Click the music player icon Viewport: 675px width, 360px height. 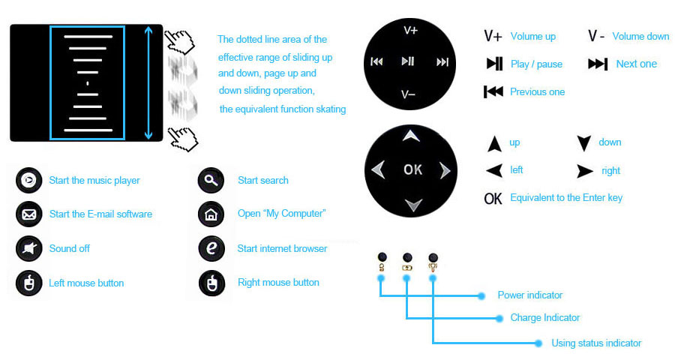click(x=28, y=180)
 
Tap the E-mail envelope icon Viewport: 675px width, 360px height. click(x=28, y=214)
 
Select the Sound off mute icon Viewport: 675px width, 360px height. click(x=28, y=248)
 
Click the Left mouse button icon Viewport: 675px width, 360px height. click(x=28, y=283)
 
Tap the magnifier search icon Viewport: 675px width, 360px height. click(x=211, y=180)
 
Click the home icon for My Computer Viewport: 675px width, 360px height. click(x=211, y=214)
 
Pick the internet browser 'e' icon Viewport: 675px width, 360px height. click(x=211, y=248)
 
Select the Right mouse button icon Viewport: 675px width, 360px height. click(x=211, y=283)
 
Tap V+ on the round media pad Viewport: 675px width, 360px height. click(x=410, y=30)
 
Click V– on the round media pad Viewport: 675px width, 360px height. click(x=409, y=94)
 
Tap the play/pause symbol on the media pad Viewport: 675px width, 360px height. click(x=408, y=61)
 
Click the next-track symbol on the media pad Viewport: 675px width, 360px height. click(x=442, y=62)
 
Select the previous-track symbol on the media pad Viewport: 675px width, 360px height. click(x=376, y=62)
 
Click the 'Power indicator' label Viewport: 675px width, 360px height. click(x=529, y=295)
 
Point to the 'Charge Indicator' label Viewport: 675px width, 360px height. click(x=544, y=318)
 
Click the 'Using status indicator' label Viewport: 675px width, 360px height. click(x=596, y=343)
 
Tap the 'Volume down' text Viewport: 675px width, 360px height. click(x=640, y=36)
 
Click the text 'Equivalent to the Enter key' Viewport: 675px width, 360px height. click(x=565, y=198)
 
